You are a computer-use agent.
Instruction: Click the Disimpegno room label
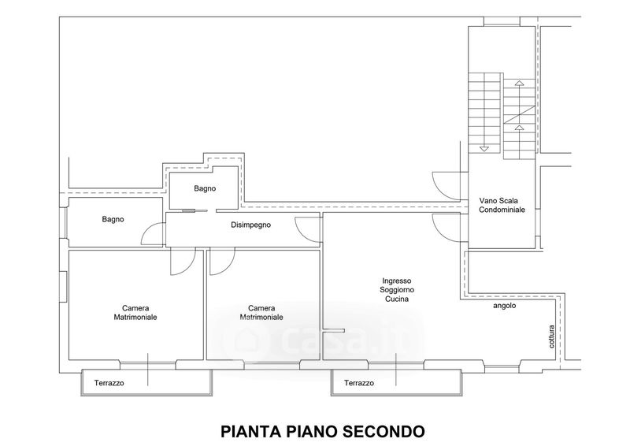[x=250, y=225]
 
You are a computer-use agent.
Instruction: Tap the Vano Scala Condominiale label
[x=502, y=205]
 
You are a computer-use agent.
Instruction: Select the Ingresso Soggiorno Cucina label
[x=397, y=290]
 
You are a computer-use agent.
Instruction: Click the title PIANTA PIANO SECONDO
[x=323, y=432]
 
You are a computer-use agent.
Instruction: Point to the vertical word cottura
[x=552, y=336]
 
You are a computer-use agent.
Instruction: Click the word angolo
[x=505, y=306]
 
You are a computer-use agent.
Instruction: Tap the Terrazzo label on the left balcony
[x=109, y=383]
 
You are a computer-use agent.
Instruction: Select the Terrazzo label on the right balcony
[x=359, y=383]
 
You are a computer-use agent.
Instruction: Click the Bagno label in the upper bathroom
[x=205, y=188]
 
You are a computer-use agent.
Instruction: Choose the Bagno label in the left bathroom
[x=113, y=219]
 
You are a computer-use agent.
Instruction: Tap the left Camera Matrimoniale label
[x=135, y=313]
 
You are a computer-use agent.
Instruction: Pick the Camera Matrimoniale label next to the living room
[x=261, y=313]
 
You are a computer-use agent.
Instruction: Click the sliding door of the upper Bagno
[x=195, y=210]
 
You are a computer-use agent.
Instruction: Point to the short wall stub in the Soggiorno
[x=334, y=331]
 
